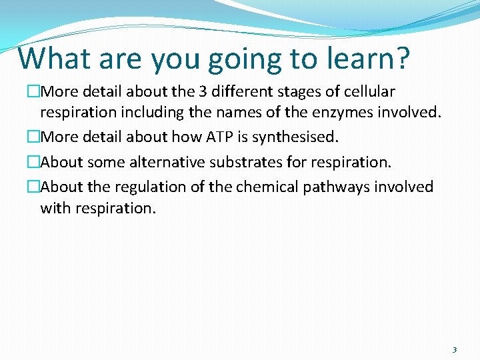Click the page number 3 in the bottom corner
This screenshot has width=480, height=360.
pyautogui.click(x=455, y=349)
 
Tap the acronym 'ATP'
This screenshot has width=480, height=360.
pyautogui.click(x=219, y=137)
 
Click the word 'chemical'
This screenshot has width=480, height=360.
pyautogui.click(x=265, y=187)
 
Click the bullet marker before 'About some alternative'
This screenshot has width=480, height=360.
pyautogui.click(x=33, y=162)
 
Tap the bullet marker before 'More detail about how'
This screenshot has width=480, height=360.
pyautogui.click(x=33, y=137)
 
